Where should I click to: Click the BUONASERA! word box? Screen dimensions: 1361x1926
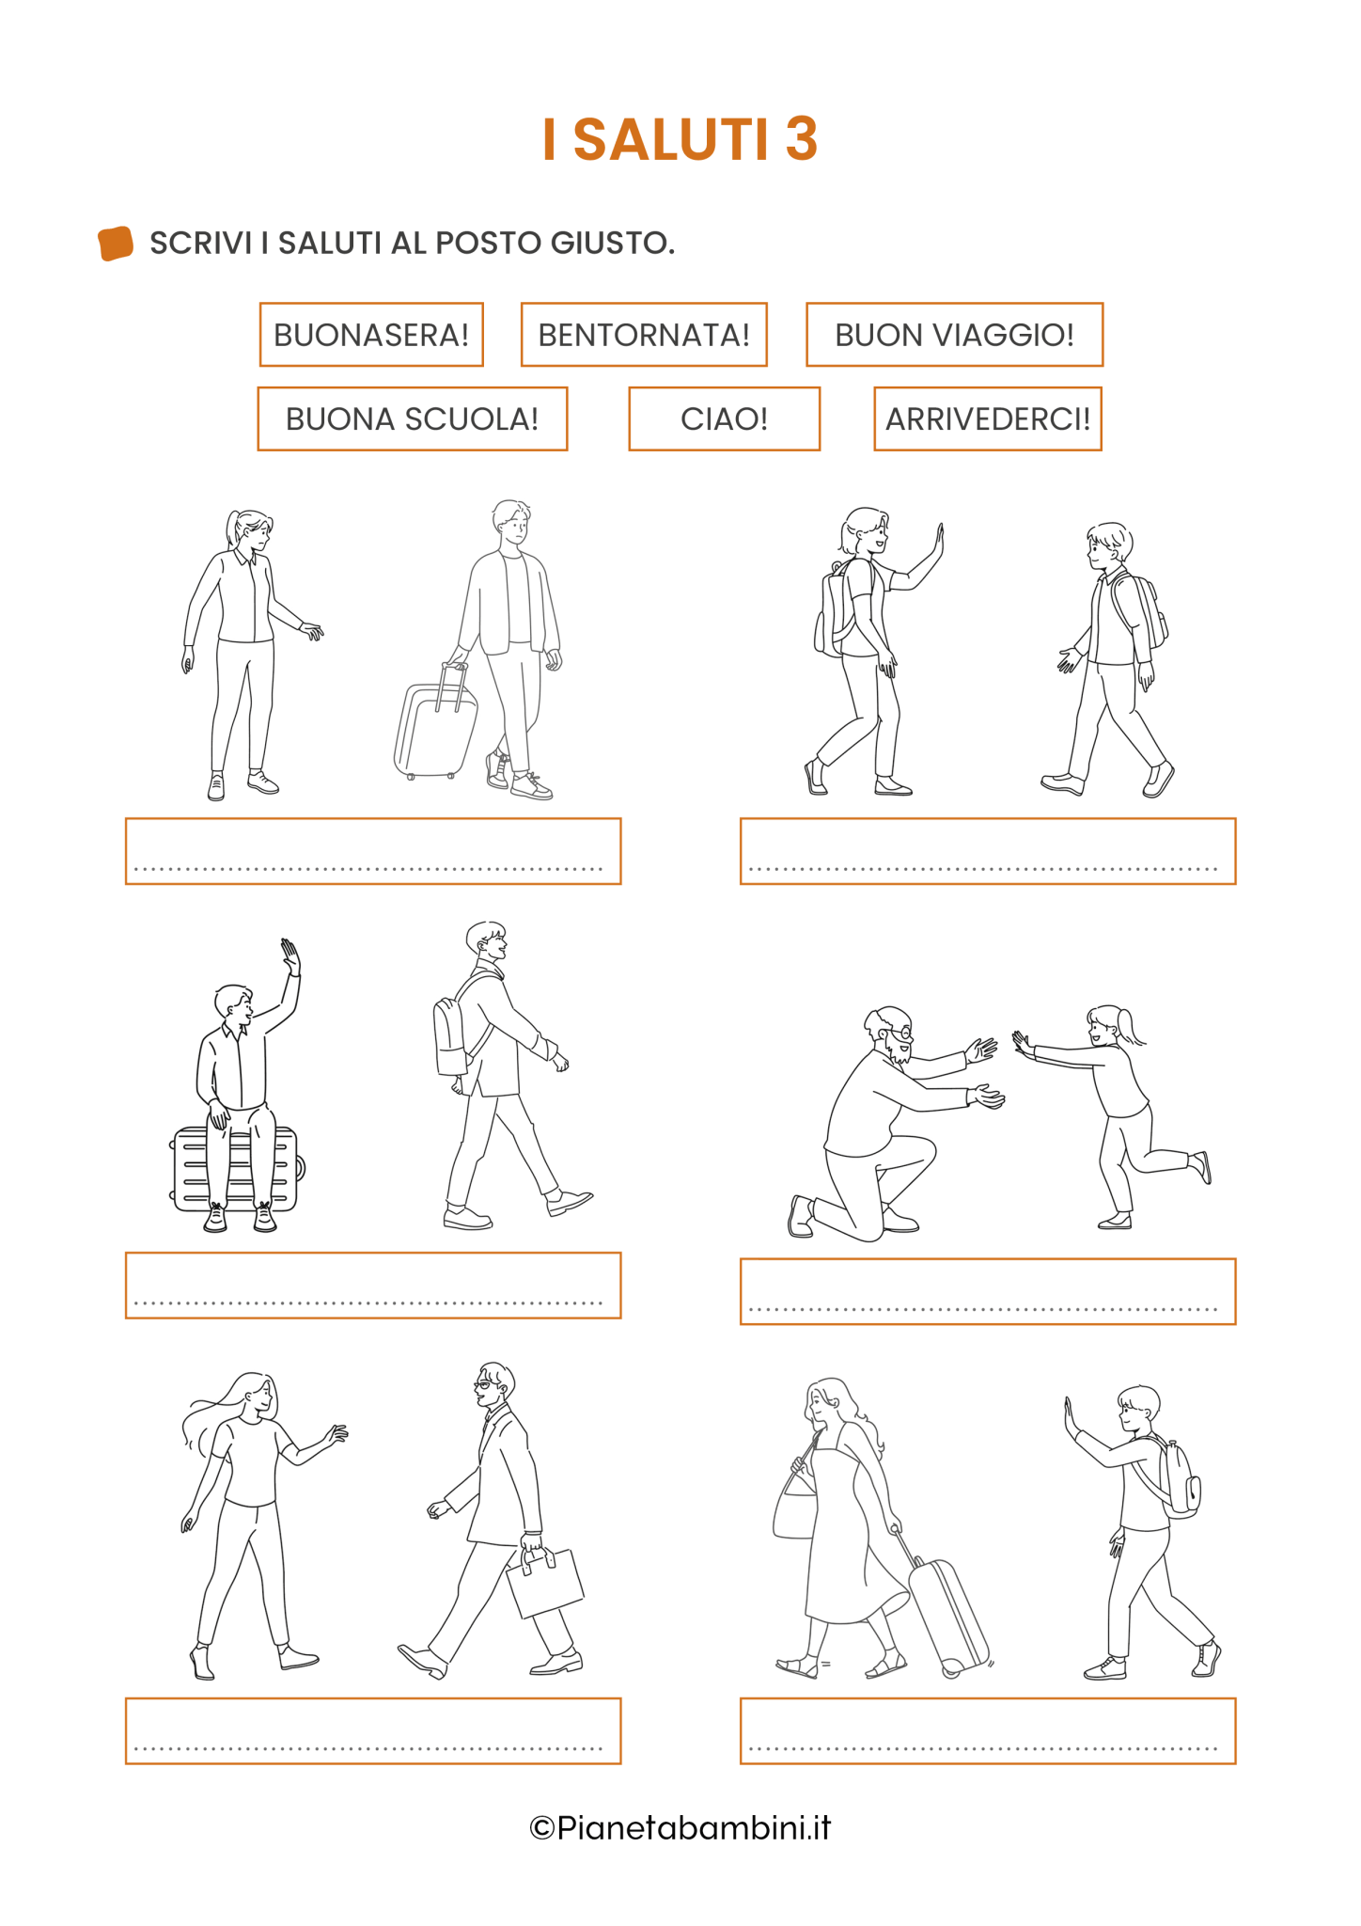(x=371, y=335)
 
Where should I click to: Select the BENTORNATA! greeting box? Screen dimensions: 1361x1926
(x=644, y=335)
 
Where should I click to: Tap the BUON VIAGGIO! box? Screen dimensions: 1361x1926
(x=954, y=335)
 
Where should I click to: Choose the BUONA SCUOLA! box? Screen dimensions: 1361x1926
(x=413, y=418)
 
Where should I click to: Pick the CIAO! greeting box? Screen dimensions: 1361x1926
(x=724, y=418)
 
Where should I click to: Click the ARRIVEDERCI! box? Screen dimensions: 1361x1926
(x=988, y=418)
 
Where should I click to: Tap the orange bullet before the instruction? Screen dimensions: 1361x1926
(x=116, y=243)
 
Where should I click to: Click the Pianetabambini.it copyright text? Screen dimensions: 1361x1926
(x=680, y=1827)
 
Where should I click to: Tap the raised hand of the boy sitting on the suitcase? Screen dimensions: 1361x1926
(x=290, y=956)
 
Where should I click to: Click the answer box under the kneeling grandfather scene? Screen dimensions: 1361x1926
(x=988, y=1291)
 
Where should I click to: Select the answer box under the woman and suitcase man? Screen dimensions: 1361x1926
(x=373, y=851)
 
